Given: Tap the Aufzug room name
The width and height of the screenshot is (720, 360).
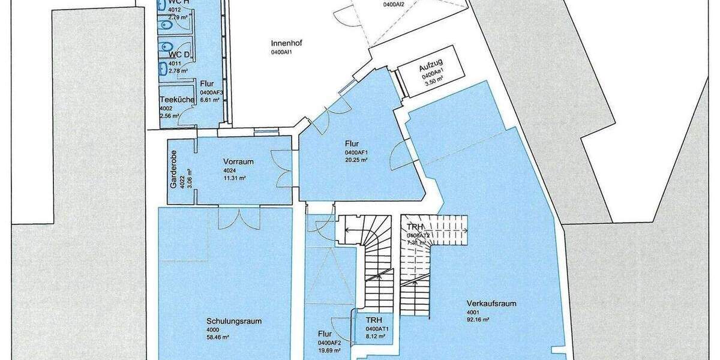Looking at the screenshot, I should coord(431,69).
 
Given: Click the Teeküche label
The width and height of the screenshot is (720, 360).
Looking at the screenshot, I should coord(176,100).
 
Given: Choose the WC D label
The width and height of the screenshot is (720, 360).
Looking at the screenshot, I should coord(179,55).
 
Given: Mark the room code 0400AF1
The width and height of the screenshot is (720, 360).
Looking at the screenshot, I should coord(356,152).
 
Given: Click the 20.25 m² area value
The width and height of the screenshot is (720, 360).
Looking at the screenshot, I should coord(356,160).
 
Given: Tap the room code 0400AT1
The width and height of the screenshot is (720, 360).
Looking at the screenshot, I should coord(378,329).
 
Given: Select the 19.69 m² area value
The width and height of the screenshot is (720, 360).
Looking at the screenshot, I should coord(329,350).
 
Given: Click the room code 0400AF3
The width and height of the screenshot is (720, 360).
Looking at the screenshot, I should coord(212,92).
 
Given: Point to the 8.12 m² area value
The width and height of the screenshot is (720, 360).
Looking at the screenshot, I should coord(376,337).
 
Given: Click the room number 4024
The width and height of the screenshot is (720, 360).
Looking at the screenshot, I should coord(229,170).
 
